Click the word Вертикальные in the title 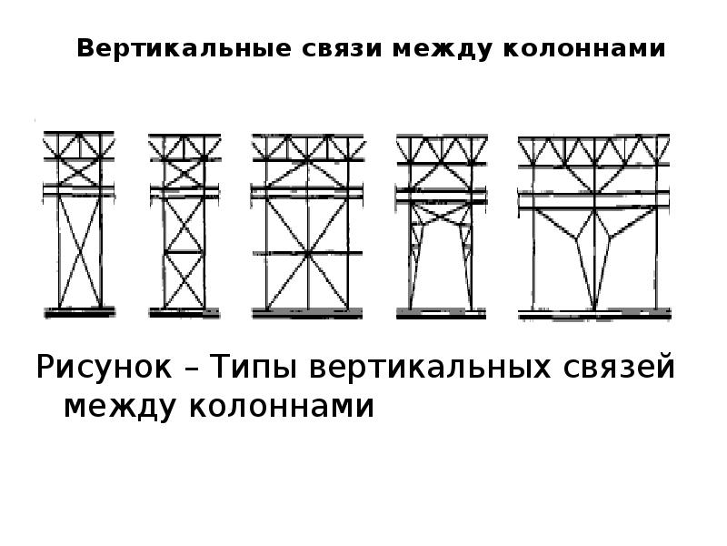pos(184,49)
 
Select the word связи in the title pos(342,49)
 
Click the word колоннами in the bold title pos(584,49)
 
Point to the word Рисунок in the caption pos(104,367)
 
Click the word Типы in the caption pos(254,367)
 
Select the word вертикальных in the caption pos(430,367)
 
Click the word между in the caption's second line pos(120,407)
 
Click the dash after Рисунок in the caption pos(191,369)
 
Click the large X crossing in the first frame pos(80,253)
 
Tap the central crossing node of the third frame pos(307,254)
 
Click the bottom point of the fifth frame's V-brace pos(594,308)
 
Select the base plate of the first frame pos(79,312)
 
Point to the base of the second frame pos(184,313)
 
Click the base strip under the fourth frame pos(441,314)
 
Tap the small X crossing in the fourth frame pos(442,215)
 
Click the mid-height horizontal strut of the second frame pos(184,252)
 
